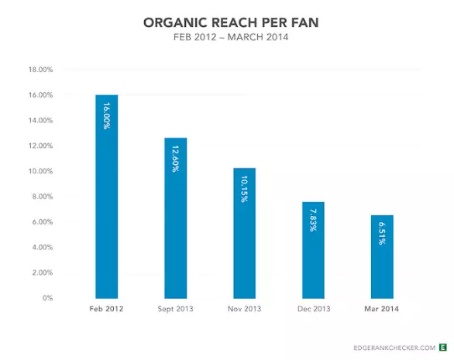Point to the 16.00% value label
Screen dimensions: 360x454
tap(106, 116)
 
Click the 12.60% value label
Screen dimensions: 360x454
tap(175, 159)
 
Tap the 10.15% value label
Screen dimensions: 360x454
tap(244, 189)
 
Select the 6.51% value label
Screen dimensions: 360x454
tap(382, 234)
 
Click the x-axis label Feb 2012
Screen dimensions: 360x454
tap(106, 309)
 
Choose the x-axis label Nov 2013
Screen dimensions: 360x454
tap(244, 309)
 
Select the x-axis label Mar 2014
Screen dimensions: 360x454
tap(382, 309)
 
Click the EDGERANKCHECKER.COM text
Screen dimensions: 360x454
tap(391, 348)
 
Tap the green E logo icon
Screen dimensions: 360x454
tap(442, 348)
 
